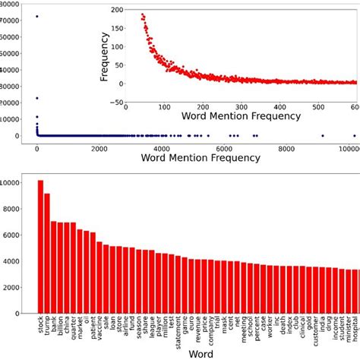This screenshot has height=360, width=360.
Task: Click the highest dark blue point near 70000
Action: tap(37, 17)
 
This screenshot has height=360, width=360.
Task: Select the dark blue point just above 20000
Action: tap(37, 98)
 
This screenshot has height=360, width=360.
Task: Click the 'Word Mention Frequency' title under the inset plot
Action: tap(240, 118)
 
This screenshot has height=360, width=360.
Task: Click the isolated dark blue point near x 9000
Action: tap(322, 136)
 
